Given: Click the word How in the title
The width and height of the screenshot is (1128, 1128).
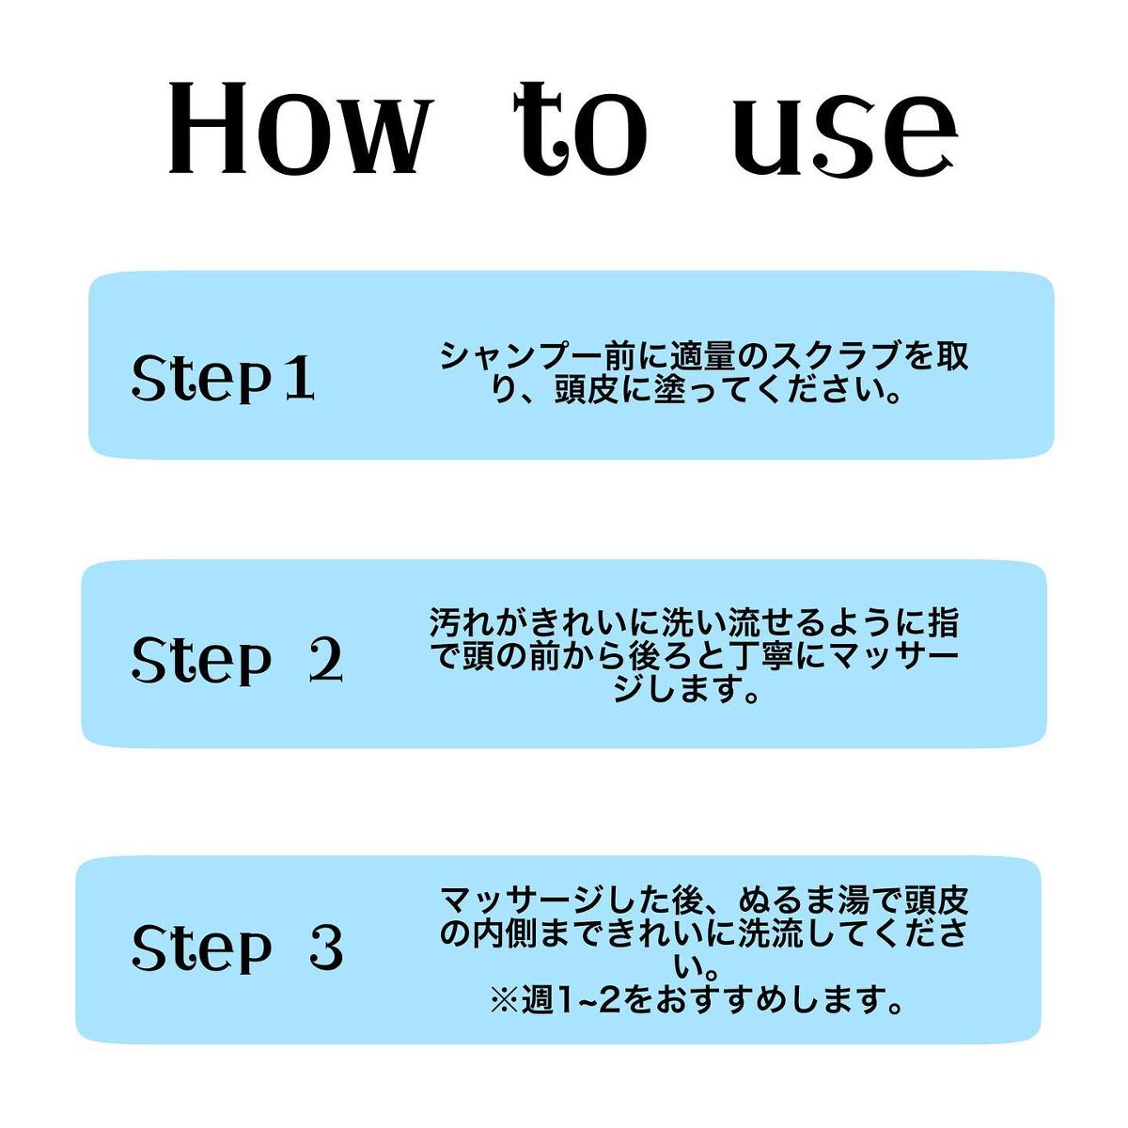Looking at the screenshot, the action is pyautogui.click(x=298, y=128).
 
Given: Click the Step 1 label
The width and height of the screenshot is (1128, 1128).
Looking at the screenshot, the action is pyautogui.click(x=224, y=377).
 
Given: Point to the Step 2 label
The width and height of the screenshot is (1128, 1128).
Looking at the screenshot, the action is pyautogui.click(x=237, y=660).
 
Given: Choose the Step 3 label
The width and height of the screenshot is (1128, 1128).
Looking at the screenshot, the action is pyautogui.click(x=237, y=948).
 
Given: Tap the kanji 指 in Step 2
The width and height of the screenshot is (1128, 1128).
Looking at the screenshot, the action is pyautogui.click(x=943, y=622).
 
